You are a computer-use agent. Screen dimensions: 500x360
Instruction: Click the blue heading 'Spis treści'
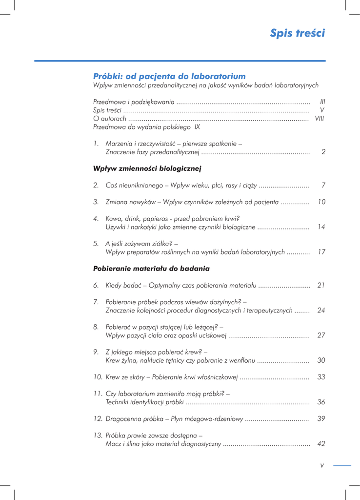coord(297,33)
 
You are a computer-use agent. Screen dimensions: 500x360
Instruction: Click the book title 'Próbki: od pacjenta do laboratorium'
coord(169,76)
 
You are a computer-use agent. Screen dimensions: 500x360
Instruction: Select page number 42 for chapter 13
coord(321,444)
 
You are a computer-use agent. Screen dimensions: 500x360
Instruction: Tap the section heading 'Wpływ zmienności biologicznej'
coord(147,168)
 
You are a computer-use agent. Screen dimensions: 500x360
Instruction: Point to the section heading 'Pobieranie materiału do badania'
coord(151,269)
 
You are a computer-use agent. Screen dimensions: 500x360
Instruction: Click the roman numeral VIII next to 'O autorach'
coord(320,118)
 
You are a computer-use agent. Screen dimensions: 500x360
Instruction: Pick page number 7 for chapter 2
coord(323,185)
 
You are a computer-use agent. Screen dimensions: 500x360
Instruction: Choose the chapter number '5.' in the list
coord(96,243)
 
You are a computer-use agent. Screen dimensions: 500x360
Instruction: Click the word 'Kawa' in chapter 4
coord(114,218)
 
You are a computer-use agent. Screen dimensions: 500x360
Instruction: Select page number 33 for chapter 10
coord(321,377)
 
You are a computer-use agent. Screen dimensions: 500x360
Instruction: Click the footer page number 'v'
coord(322,465)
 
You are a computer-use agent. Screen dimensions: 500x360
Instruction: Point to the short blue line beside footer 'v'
coord(342,465)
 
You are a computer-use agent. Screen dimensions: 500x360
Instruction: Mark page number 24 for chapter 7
coord(321,310)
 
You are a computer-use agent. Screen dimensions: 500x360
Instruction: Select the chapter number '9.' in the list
coord(96,352)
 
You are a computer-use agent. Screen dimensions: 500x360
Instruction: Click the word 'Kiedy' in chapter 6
coord(115,285)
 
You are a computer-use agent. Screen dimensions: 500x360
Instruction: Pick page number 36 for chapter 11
coord(321,402)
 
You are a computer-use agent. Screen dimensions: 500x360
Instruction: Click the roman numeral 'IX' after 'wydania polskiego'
coord(197,126)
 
